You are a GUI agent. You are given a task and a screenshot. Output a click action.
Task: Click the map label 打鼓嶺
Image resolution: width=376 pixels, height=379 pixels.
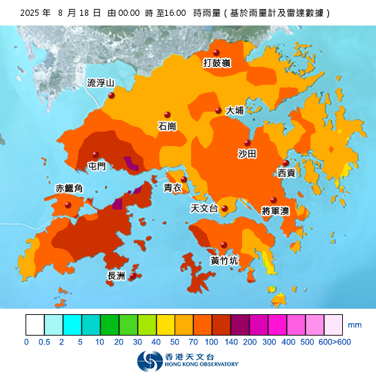pyautogui.click(x=217, y=63)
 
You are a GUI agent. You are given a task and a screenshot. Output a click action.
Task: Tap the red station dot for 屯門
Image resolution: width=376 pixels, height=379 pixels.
pyautogui.click(x=95, y=154)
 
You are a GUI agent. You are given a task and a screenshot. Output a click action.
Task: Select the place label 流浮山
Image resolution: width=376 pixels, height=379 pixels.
pyautogui.click(x=100, y=83)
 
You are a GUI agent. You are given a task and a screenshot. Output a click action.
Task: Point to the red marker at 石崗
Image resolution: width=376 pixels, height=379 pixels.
pyautogui.click(x=166, y=115)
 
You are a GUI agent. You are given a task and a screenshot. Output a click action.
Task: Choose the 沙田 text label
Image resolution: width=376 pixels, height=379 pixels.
pyautogui.click(x=247, y=153)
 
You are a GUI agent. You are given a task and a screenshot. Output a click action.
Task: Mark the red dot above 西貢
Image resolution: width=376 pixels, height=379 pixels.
pyautogui.click(x=286, y=163)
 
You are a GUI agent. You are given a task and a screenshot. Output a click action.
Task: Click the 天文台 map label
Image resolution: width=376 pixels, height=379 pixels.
pyautogui.click(x=204, y=208)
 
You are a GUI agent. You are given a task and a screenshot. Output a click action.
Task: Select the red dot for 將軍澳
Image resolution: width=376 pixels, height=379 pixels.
pyautogui.click(x=273, y=200)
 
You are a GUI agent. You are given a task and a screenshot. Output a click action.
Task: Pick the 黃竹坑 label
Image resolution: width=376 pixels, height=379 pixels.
pyautogui.click(x=224, y=261)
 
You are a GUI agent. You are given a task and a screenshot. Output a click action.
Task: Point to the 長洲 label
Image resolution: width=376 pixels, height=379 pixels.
pyautogui.click(x=117, y=276)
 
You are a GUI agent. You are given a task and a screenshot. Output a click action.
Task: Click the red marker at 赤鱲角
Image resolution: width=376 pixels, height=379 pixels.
pyautogui.click(x=68, y=205)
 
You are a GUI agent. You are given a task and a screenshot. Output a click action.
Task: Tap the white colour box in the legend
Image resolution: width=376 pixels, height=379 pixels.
pyautogui.click(x=34, y=325)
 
